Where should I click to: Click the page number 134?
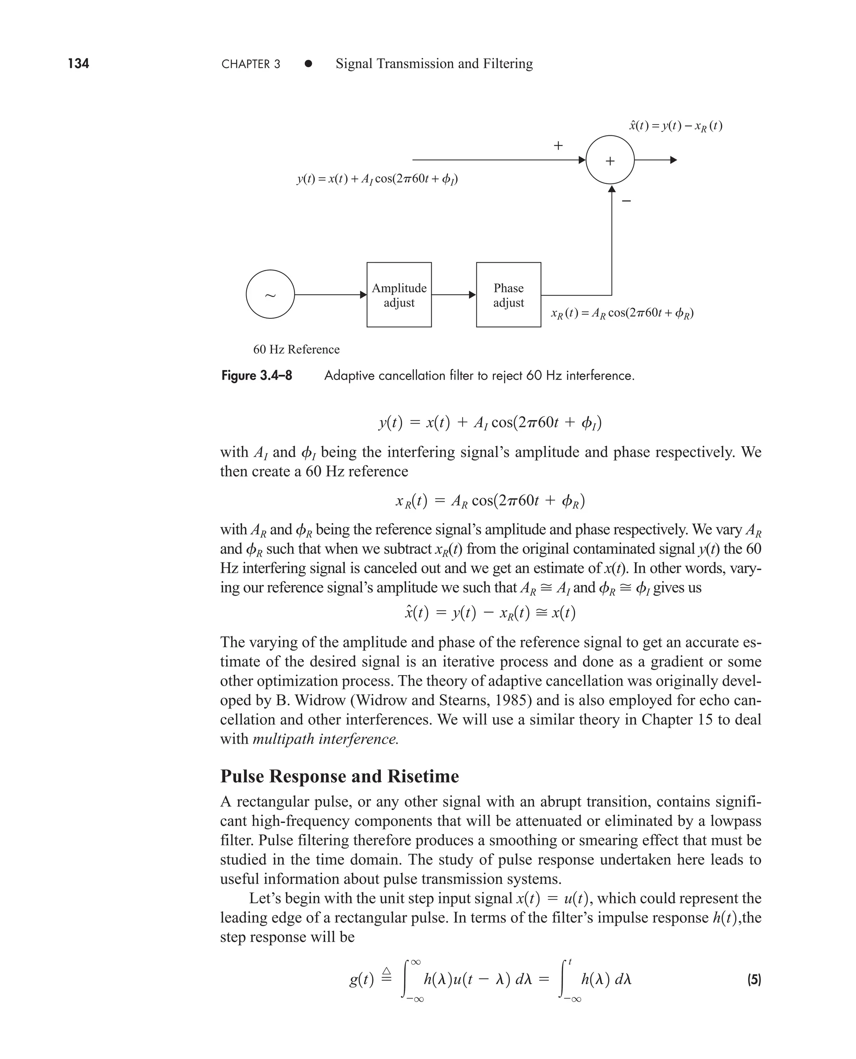pyautogui.click(x=79, y=63)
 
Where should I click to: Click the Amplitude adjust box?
pyautogui.click(x=399, y=295)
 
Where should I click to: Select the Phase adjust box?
pyautogui.click(x=508, y=295)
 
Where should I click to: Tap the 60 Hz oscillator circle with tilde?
pyautogui.click(x=270, y=294)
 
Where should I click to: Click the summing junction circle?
pyautogui.click(x=610, y=160)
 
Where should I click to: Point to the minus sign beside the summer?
pyautogui.click(x=626, y=201)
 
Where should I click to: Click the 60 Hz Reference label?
pyautogui.click(x=296, y=349)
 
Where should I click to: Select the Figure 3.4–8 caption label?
pyautogui.click(x=256, y=376)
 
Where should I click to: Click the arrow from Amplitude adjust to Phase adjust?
pyautogui.click(x=453, y=295)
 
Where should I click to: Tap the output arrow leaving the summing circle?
pyautogui.click(x=656, y=160)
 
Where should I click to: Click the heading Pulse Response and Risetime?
pyautogui.click(x=339, y=776)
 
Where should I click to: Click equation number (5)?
pyautogui.click(x=754, y=980)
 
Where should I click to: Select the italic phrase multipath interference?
pyautogui.click(x=326, y=739)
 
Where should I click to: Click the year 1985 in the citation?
pyautogui.click(x=511, y=700)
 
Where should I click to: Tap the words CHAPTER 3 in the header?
pyautogui.click(x=250, y=64)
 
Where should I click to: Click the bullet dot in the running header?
pyautogui.click(x=308, y=63)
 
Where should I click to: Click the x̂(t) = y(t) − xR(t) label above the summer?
pyautogui.click(x=675, y=126)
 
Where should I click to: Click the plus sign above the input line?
pyautogui.click(x=558, y=145)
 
